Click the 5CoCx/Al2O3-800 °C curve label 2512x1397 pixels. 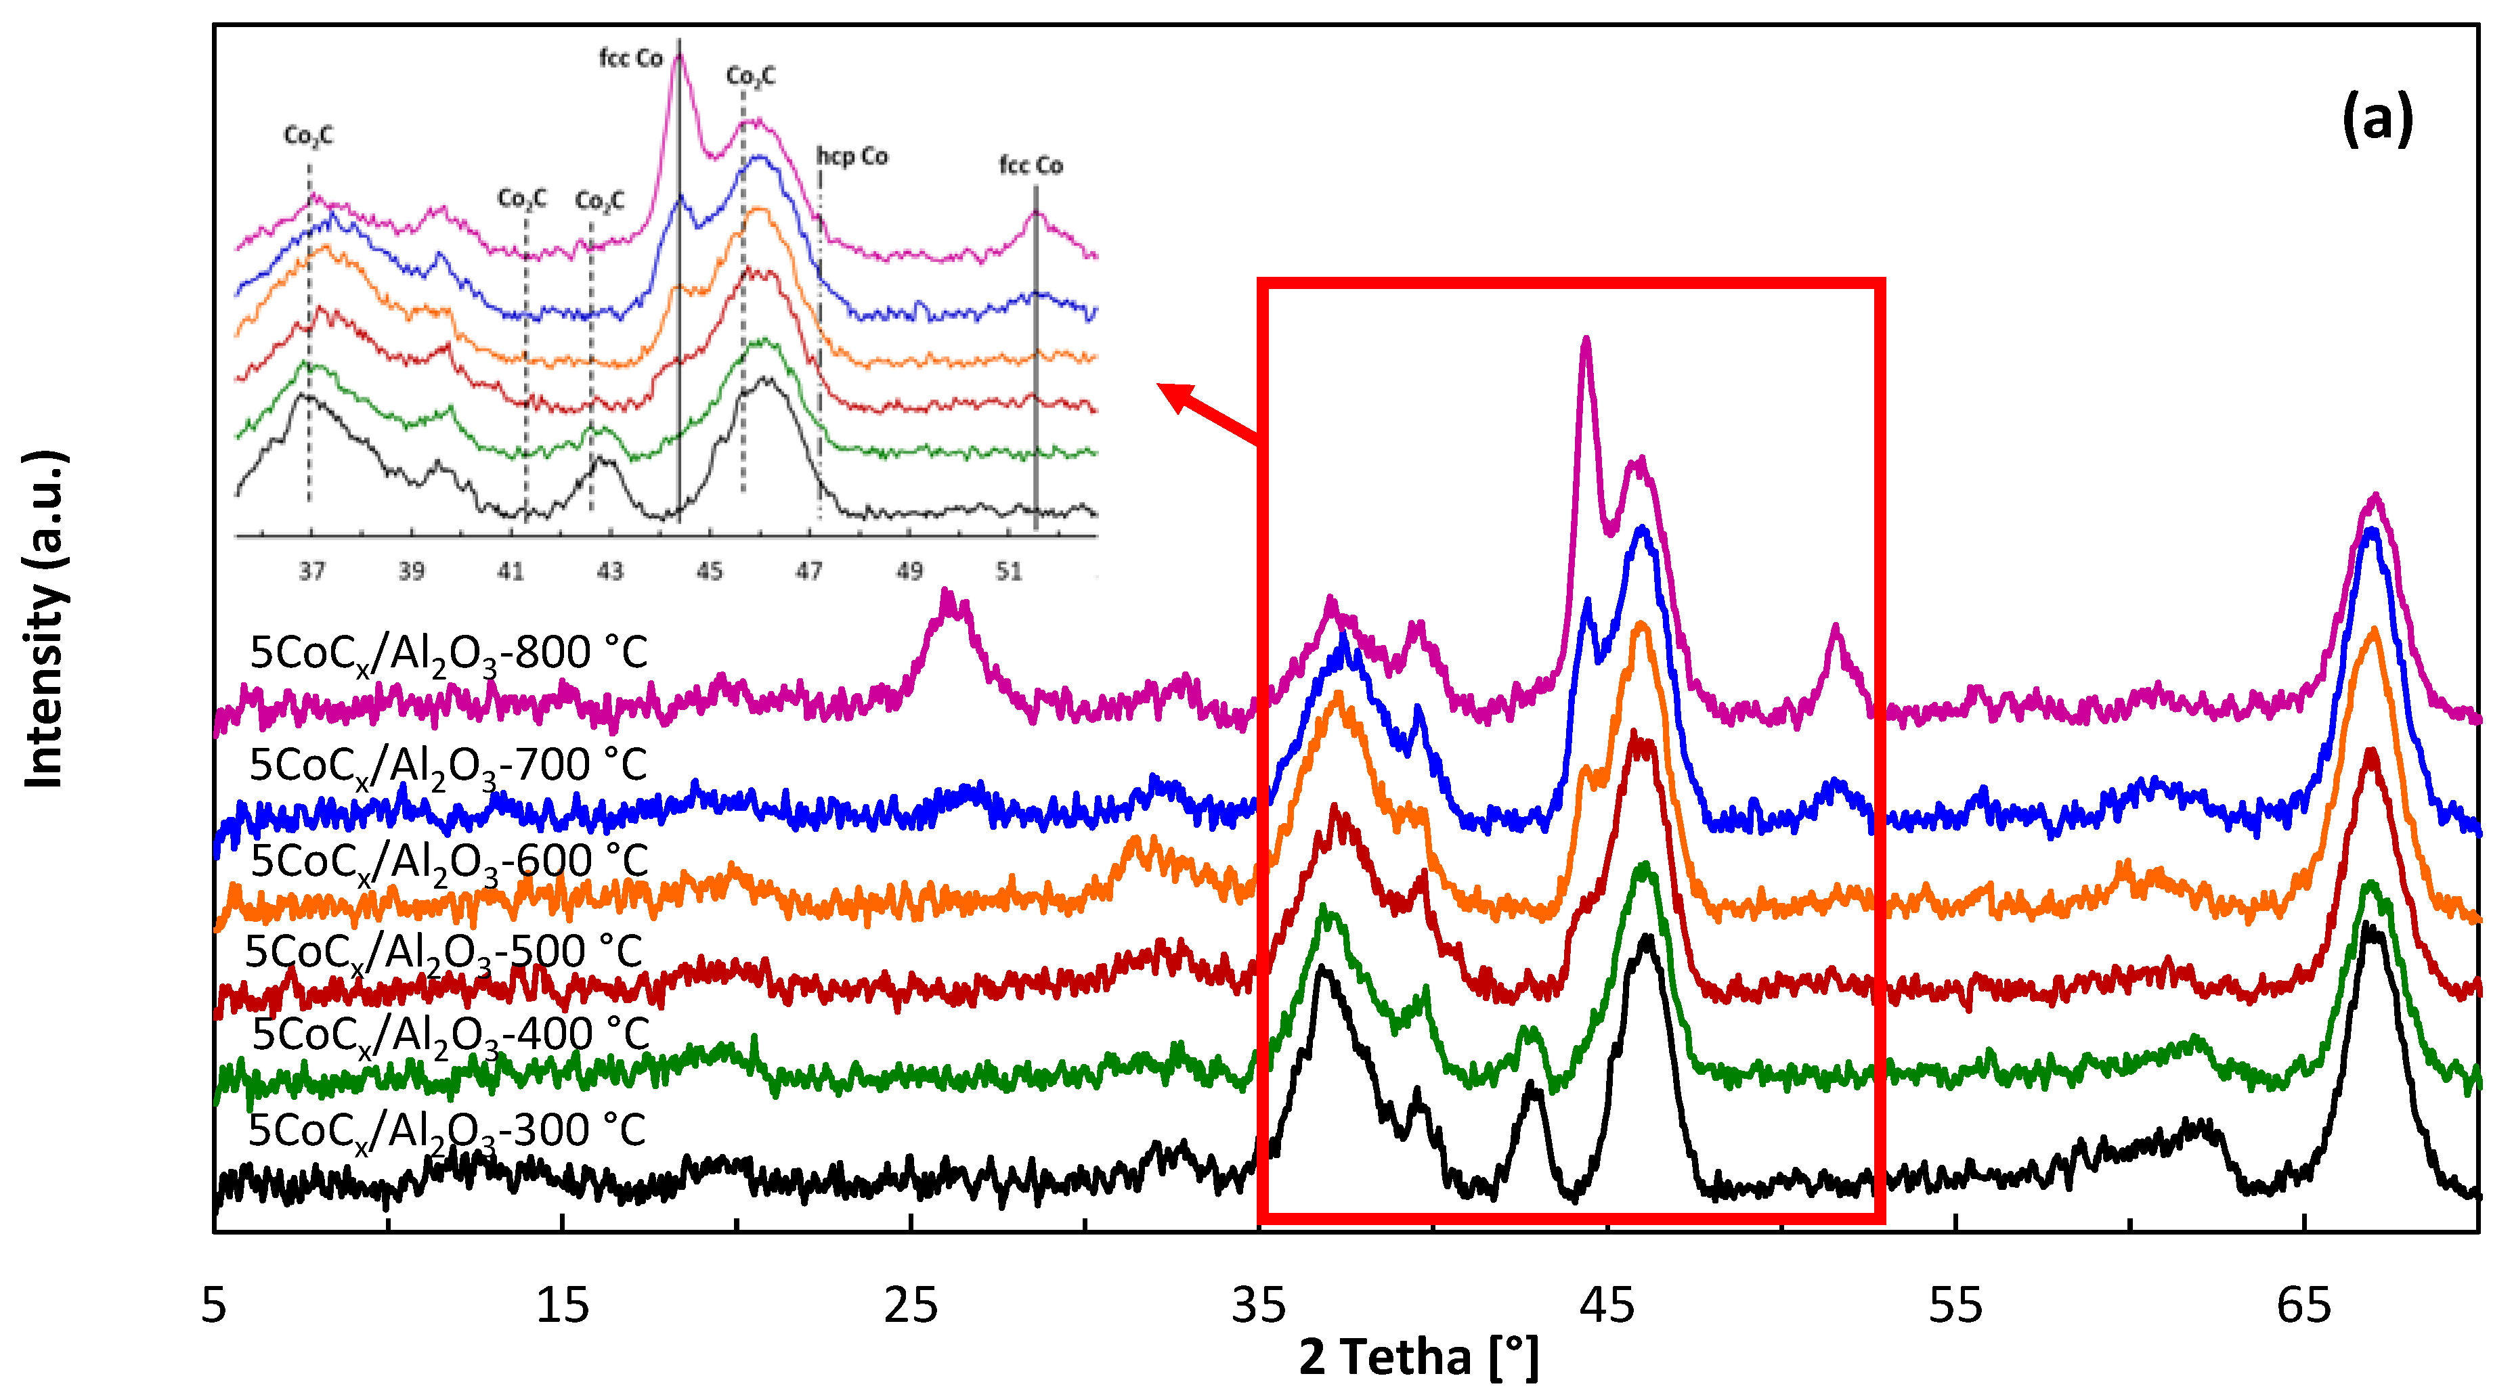point(448,653)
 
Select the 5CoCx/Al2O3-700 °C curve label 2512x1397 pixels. point(448,766)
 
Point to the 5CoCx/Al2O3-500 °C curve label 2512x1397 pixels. point(443,952)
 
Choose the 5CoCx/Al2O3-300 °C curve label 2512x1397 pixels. point(447,1132)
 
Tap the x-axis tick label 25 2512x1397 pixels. point(910,1306)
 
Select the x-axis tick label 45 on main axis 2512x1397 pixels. point(1607,1306)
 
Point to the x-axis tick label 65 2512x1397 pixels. point(2303,1306)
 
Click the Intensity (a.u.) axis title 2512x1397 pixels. point(45,619)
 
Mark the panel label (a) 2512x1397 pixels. point(2377,120)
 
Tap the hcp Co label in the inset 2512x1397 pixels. point(852,156)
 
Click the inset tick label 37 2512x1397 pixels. point(311,571)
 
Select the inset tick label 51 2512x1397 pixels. point(1008,571)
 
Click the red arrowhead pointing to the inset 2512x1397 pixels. point(1175,395)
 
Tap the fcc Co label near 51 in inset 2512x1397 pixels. point(1031,166)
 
